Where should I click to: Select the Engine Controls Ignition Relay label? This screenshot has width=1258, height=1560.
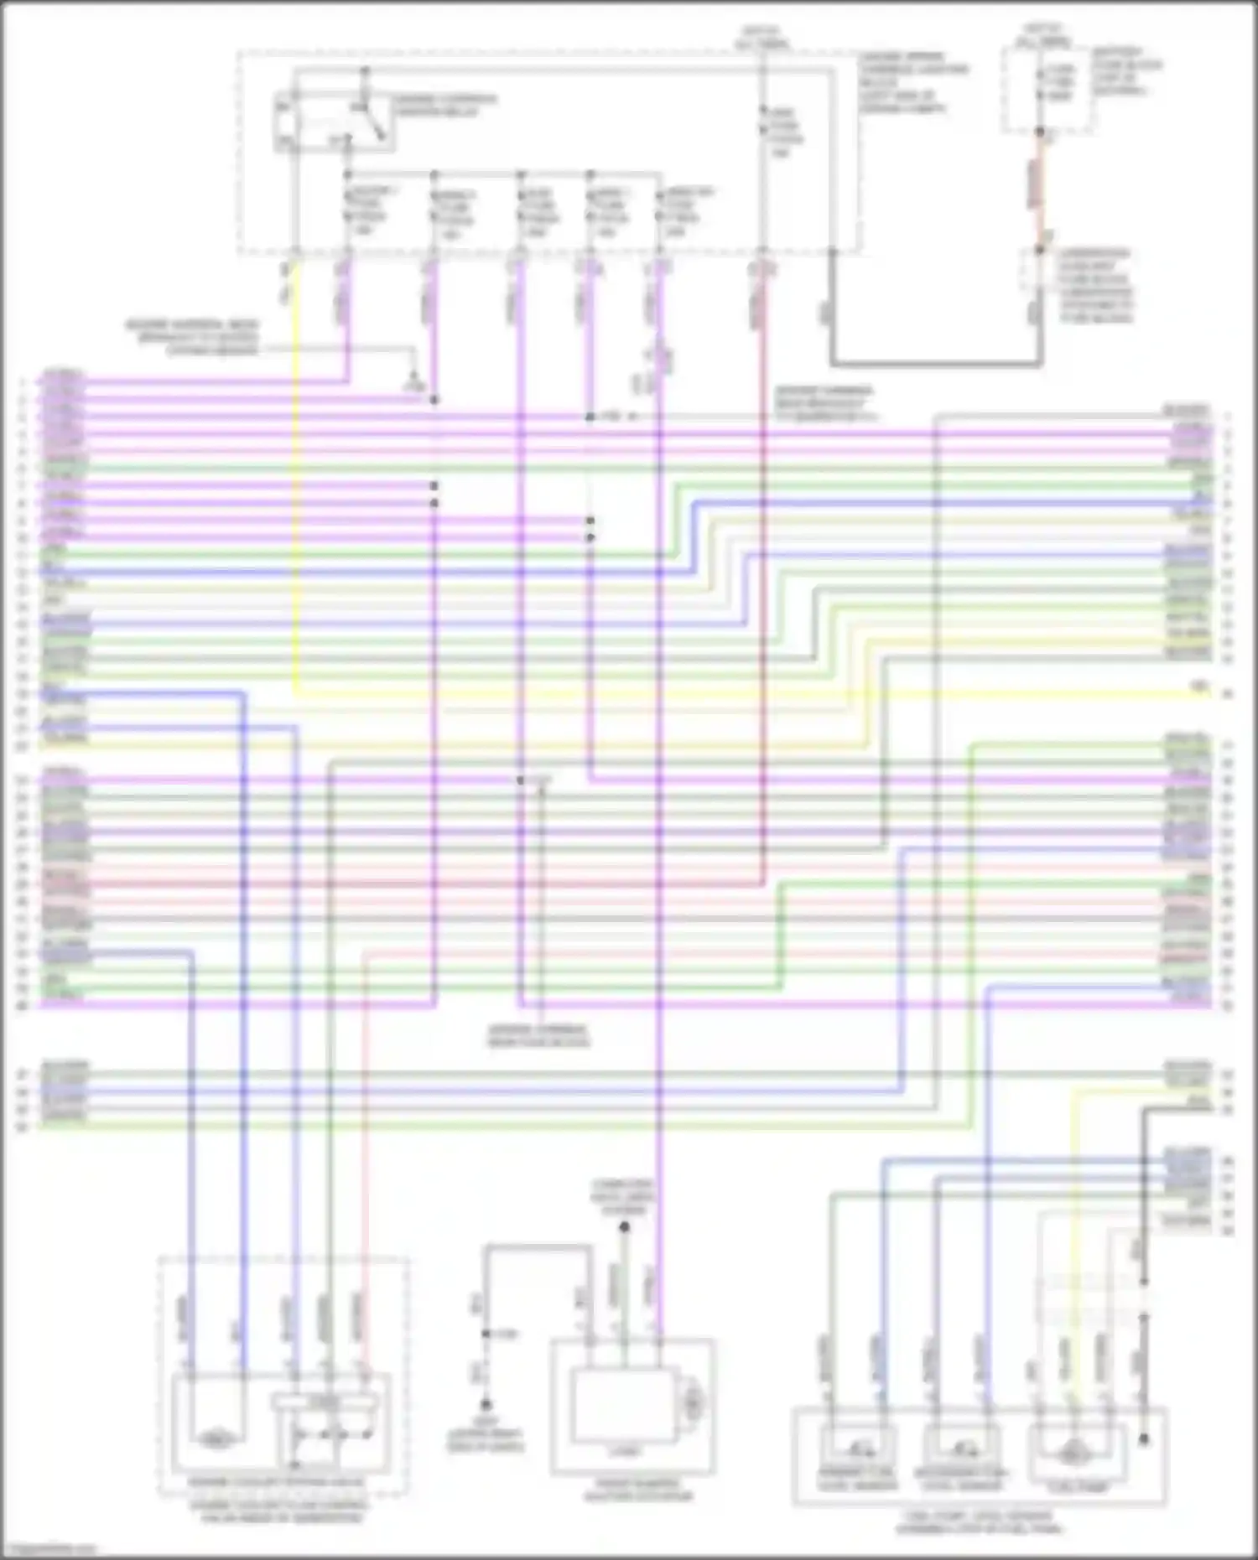click(x=444, y=105)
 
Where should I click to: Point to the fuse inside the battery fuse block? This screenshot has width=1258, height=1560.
click(x=1041, y=84)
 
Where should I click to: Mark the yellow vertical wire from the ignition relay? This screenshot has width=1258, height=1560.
click(x=295, y=503)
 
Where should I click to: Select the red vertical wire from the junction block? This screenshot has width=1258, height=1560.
click(x=762, y=587)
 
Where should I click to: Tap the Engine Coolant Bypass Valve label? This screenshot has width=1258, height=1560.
click(x=277, y=1482)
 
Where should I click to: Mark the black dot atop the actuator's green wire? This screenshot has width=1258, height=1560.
click(x=624, y=1226)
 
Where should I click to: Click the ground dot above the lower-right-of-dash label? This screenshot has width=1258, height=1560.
click(x=486, y=1404)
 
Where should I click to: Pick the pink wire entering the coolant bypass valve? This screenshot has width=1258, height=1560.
click(x=365, y=1174)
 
